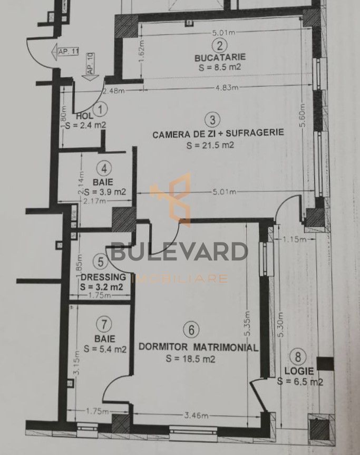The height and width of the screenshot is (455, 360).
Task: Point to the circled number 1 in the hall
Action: [102, 110]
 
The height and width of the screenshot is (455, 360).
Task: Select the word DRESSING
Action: [103, 277]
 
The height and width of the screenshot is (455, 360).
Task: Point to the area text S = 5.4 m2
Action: [103, 349]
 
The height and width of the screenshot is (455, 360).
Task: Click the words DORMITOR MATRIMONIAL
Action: [198, 347]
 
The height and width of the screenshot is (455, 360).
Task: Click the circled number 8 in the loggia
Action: [299, 357]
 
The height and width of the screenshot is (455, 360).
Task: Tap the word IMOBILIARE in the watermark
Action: [182, 279]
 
